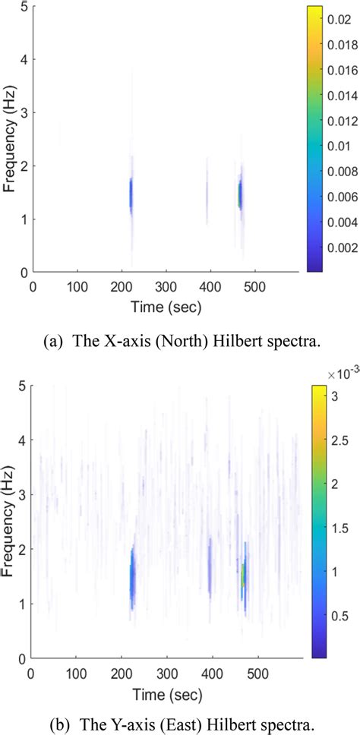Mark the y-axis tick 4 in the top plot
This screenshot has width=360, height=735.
tap(24, 59)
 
